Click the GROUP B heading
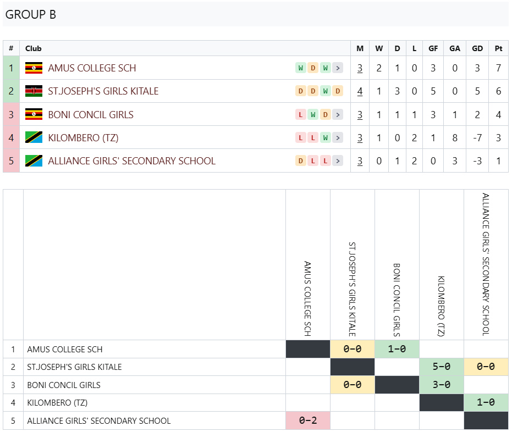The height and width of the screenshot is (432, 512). point(31,14)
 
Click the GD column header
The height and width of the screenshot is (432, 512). point(477,48)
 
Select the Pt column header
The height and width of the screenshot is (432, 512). point(498,48)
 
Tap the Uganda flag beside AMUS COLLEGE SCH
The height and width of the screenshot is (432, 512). point(34,68)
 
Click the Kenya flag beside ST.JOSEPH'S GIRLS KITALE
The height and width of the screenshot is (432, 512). point(34,91)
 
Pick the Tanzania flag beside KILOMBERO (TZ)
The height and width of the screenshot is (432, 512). point(34,137)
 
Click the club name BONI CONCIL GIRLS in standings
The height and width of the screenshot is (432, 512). point(91,114)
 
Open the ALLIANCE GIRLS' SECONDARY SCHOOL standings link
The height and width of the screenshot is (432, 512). point(131,161)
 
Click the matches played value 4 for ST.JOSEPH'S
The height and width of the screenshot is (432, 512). point(360,91)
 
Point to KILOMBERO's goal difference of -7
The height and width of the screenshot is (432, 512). point(477,138)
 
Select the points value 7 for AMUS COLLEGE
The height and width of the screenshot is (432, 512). point(498,68)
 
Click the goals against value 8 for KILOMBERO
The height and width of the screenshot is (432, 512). point(454,138)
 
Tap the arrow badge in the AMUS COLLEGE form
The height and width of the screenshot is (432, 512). point(338,68)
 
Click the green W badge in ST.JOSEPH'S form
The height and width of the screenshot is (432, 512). point(325,91)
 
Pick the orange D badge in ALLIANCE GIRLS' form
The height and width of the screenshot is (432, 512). point(301,160)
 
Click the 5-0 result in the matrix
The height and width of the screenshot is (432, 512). point(442,367)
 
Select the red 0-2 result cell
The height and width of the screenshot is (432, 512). point(308,420)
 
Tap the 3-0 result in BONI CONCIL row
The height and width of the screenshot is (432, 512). point(442,385)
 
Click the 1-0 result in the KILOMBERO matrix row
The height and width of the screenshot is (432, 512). point(486,402)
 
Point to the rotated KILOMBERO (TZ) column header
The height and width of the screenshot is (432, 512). point(441,306)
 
